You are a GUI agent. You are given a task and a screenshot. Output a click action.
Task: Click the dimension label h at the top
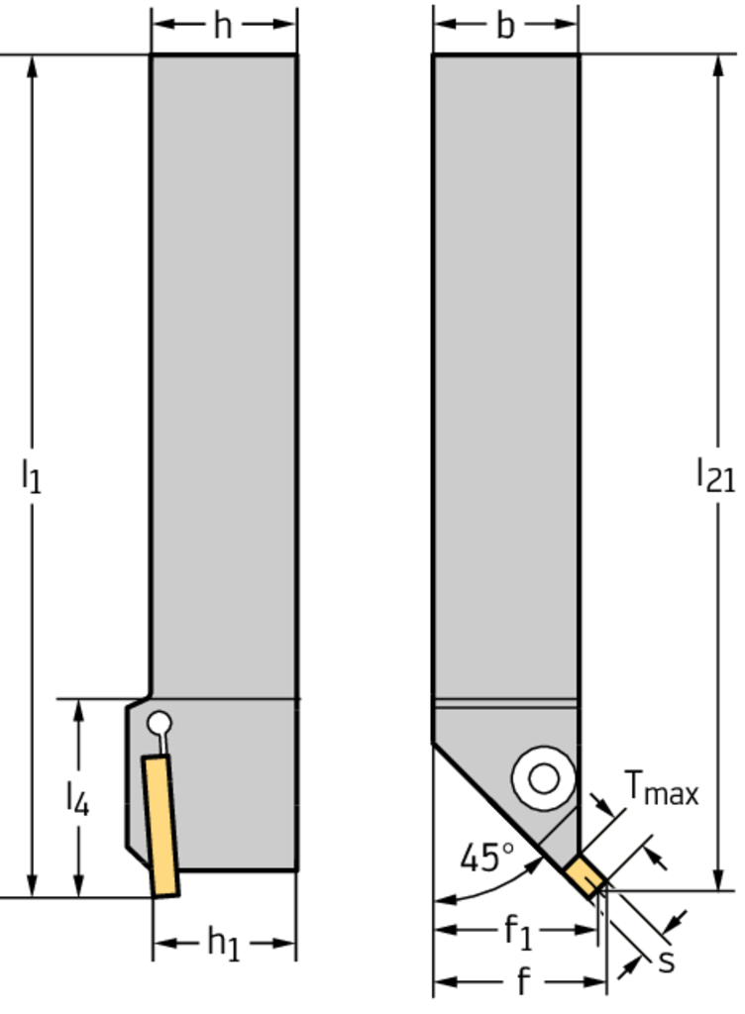pos(223,26)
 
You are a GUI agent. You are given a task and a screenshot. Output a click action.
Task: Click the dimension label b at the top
pos(505,26)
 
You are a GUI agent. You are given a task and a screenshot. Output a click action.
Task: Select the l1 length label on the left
pos(31,476)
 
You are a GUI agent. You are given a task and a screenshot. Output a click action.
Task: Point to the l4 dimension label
pos(77,797)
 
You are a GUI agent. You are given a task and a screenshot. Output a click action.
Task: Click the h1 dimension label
pos(224,943)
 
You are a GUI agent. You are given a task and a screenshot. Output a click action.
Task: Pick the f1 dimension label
pos(518,932)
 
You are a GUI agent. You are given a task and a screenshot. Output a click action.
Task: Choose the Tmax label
pos(662,788)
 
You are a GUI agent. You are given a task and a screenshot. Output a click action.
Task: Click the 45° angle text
pos(487,858)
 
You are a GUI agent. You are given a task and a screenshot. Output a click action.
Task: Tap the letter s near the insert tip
pos(667,962)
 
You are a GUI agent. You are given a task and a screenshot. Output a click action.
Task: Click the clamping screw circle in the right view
pos(543,778)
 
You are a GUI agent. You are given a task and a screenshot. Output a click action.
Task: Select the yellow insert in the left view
pos(161,827)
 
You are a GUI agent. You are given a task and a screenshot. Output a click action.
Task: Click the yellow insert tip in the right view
pos(585,876)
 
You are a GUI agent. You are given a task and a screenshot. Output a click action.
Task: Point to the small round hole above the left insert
pos(160,723)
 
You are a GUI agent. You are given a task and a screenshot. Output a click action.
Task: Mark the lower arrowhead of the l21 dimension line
pos(718,879)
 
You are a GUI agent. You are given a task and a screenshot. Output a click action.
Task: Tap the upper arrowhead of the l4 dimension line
pos(79,711)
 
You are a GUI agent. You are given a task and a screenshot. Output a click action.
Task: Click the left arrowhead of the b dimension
pos(446,25)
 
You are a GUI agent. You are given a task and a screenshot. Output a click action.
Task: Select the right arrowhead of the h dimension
pos(284,25)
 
